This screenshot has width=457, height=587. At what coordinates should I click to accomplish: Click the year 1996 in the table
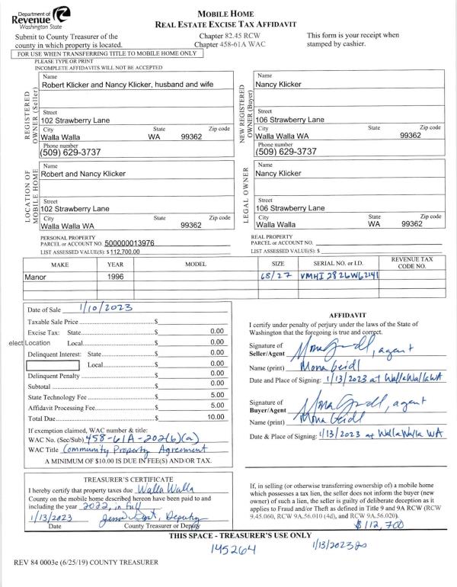[116, 277]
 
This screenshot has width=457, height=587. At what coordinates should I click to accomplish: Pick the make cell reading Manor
[37, 277]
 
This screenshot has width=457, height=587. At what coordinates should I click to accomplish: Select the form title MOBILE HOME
[225, 14]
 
